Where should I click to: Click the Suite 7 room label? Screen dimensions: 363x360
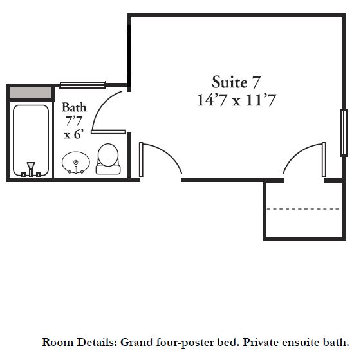point(236,82)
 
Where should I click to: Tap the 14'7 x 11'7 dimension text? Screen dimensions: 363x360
point(236,100)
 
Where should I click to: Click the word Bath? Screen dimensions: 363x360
point(74,107)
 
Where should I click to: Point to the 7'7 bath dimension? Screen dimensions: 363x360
point(74,121)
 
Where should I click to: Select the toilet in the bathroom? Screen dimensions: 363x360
point(108,159)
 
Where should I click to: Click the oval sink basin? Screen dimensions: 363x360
point(76,162)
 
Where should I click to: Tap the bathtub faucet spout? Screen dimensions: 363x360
point(30,166)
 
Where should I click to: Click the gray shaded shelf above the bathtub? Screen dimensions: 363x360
point(30,93)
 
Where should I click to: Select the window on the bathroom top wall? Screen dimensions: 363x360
point(82,85)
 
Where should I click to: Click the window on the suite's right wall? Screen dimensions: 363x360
point(344,132)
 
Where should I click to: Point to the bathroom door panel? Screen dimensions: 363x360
point(108,132)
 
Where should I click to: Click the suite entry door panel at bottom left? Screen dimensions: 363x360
point(141,160)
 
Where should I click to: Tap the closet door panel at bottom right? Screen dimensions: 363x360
point(324,160)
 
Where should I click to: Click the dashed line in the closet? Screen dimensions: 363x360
point(303,209)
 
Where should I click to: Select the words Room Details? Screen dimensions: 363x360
point(80,342)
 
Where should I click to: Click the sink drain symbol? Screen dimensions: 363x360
point(76,162)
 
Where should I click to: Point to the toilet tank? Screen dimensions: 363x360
point(108,170)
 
